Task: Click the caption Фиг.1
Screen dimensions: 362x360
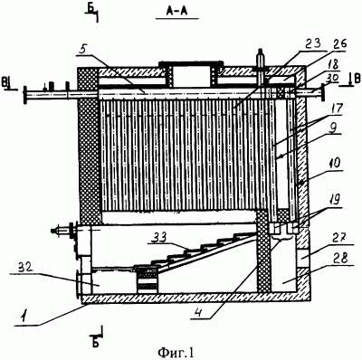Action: point(175,352)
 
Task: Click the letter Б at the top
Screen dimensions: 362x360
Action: point(90,10)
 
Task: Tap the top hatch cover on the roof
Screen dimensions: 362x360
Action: point(191,63)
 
